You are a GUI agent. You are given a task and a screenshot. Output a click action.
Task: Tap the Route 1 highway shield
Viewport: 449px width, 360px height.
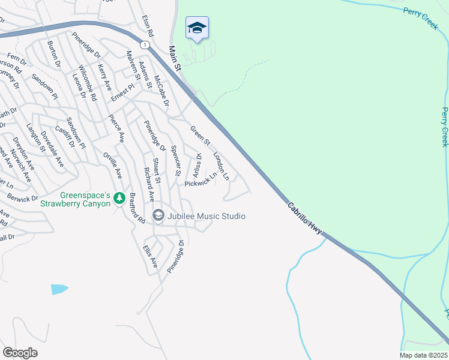coord(145,45)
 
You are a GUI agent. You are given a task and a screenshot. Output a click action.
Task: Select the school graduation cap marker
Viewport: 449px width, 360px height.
coord(197,28)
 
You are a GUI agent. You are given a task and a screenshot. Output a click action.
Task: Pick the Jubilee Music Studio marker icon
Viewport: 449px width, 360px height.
coord(158,215)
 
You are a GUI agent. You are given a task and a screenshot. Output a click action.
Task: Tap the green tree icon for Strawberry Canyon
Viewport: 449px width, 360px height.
coord(119,197)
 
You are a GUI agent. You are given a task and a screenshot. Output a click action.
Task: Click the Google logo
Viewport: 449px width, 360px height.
coord(20,353)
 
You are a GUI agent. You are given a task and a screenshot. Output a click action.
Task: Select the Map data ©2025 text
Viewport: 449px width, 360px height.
coord(423,355)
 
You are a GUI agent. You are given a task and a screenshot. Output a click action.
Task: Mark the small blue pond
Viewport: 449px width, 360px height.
coord(59,289)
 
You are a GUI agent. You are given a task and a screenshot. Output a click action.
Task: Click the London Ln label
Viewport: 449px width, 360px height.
coord(221,165)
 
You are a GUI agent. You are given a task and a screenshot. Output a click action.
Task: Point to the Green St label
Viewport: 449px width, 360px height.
coord(200,136)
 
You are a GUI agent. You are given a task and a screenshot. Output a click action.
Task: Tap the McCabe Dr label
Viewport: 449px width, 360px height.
coord(161,91)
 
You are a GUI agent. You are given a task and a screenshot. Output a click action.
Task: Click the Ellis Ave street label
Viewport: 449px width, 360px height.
coord(150,256)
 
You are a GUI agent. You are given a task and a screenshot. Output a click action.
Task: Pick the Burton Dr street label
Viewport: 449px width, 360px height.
coord(54,54)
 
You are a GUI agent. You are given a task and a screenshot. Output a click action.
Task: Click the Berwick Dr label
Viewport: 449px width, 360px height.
coord(22,197)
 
